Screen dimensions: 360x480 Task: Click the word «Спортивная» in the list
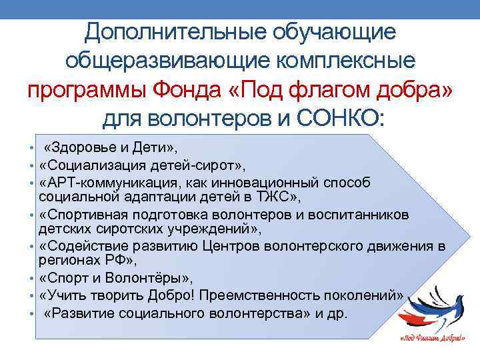pyautogui.click(x=85, y=215)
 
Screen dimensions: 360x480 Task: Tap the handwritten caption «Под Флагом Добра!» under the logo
pyautogui.click(x=432, y=339)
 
